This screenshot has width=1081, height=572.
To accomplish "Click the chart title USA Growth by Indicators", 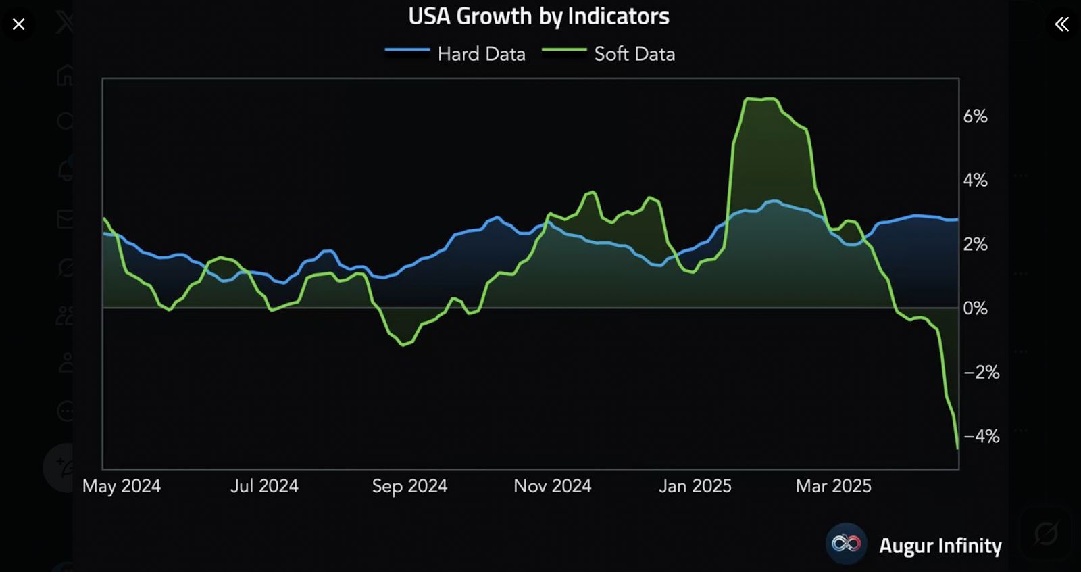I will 538,16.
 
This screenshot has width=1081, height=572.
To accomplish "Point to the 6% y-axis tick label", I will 975,116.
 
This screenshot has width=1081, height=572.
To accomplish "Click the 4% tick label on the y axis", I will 975,181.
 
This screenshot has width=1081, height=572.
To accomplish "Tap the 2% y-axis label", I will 975,244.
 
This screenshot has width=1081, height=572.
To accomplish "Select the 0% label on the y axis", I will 975,308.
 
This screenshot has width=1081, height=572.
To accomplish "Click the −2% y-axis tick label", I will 981,372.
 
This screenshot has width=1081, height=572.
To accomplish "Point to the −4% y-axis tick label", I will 981,436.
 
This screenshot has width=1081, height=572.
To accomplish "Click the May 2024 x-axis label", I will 122,486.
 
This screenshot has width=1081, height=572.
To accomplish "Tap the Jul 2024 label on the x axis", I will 264,486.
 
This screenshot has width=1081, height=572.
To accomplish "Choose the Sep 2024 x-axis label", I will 409,486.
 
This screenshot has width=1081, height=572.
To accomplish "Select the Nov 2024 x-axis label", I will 552,486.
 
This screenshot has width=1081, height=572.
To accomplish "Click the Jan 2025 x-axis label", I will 695,486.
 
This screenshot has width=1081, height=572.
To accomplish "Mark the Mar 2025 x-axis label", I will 833,486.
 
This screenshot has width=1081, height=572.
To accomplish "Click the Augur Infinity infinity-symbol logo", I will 846,544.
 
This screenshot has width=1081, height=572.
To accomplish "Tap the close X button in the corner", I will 19,24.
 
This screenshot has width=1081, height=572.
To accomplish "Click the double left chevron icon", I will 1061,24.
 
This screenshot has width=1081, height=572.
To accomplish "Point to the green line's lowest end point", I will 957,448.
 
